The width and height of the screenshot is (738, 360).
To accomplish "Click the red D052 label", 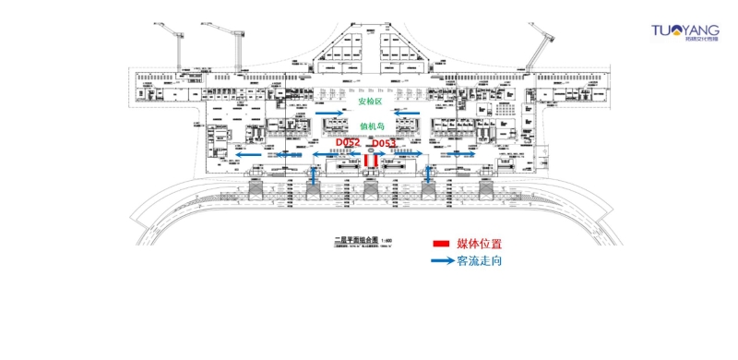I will (x=348, y=143).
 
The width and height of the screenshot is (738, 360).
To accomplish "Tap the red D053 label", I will (x=384, y=143).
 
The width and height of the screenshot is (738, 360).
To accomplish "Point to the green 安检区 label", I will (x=370, y=102).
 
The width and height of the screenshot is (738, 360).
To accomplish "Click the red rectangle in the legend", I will (x=441, y=244).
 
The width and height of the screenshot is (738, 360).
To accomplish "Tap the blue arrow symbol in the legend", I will (x=443, y=261).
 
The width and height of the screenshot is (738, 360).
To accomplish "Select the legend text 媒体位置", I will (x=480, y=244).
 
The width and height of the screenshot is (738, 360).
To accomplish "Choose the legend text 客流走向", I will (x=480, y=261).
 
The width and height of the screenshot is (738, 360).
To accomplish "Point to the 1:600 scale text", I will (x=387, y=240).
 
